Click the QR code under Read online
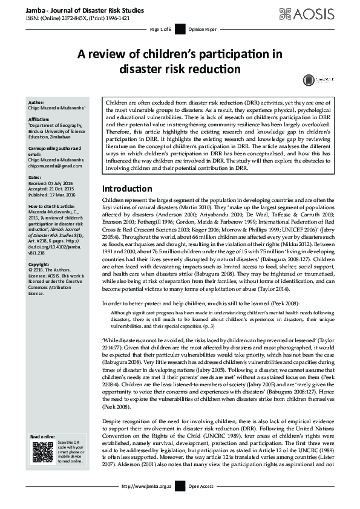42,469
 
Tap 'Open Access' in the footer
201,503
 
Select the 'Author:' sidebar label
36,102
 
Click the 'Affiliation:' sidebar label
40,120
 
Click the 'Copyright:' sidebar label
40,264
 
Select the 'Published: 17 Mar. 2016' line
57,195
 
